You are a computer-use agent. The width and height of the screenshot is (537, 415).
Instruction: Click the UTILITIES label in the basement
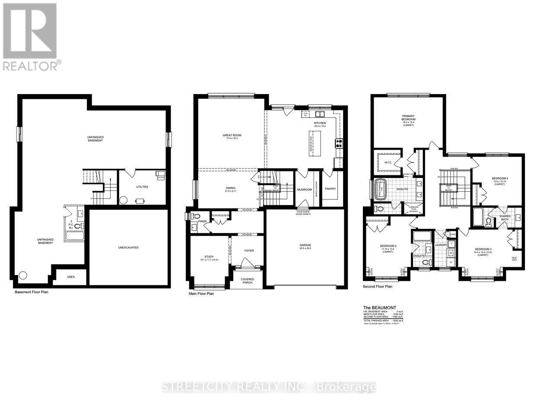click(142, 187)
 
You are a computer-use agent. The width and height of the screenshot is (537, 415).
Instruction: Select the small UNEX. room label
click(71, 277)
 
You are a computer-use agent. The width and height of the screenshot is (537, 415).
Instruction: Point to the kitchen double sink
click(320, 114)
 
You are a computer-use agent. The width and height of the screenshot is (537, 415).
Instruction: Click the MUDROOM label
click(305, 189)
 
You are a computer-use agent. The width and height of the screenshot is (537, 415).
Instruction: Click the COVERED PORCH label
click(248, 281)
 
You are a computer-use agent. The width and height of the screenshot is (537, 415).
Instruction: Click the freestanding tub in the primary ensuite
click(382, 189)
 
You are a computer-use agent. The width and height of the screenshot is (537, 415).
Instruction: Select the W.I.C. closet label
click(388, 162)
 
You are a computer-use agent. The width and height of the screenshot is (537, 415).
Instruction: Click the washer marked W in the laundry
click(451, 253)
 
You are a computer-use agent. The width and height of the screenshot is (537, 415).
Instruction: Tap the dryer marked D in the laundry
click(451, 262)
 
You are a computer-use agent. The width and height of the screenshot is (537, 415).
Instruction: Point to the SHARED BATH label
click(505, 218)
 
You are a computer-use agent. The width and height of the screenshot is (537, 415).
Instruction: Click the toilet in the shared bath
click(489, 222)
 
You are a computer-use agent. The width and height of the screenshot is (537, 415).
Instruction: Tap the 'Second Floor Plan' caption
click(378, 286)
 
